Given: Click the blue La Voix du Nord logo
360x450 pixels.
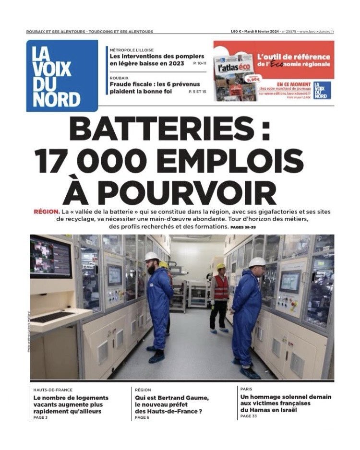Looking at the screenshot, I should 62,76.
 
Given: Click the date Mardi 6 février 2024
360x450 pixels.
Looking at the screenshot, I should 265,32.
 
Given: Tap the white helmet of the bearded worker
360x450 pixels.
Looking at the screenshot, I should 152,256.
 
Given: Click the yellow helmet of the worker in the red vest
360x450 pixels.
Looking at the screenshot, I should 221,266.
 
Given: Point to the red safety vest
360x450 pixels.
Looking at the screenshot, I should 221,286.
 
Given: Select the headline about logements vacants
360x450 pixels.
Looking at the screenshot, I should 71,404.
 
